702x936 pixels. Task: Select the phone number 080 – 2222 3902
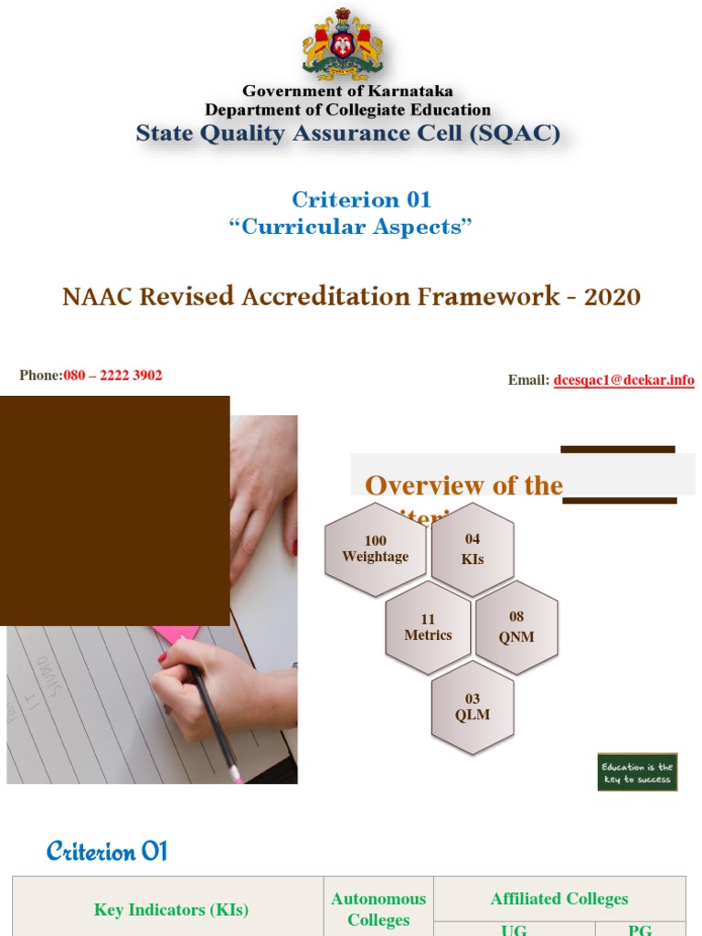(113, 376)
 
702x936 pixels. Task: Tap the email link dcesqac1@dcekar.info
(623, 380)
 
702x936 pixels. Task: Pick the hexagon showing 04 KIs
(473, 548)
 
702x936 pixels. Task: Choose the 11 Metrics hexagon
(428, 627)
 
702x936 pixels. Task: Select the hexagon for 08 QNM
(516, 627)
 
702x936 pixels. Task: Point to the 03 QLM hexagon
(473, 708)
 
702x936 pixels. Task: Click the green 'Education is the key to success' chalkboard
(638, 773)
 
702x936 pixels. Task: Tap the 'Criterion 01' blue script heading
(107, 852)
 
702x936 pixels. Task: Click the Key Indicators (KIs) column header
(171, 909)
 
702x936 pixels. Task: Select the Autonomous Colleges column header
(378, 909)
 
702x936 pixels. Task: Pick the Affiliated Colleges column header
(559, 899)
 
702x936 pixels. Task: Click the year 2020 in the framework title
(612, 297)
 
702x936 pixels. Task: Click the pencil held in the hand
(214, 713)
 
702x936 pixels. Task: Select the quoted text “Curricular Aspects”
(351, 228)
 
